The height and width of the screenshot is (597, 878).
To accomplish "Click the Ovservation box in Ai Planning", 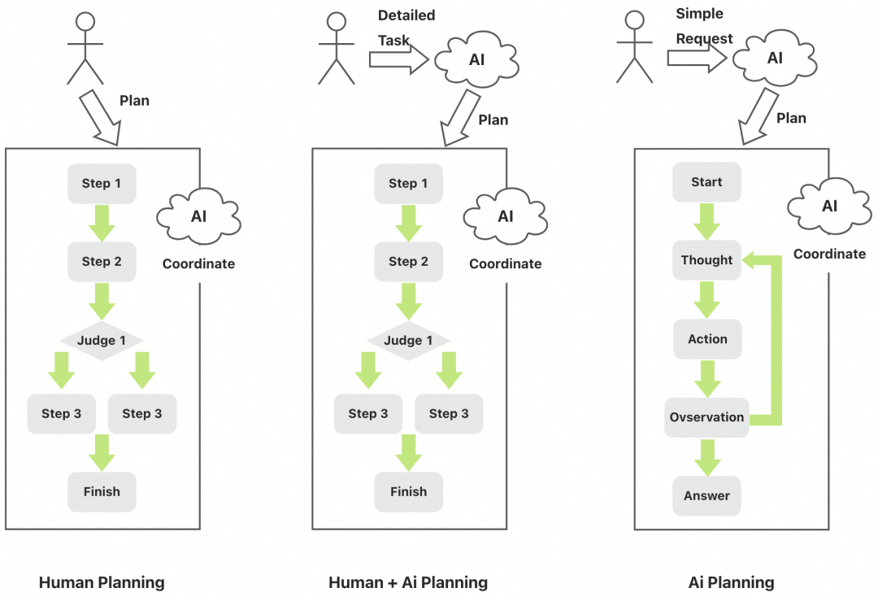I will coord(706,417).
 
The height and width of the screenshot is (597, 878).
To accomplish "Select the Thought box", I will coord(706,260).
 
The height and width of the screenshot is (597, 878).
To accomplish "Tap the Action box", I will coord(706,339).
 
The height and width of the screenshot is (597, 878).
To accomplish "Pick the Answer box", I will coord(706,495).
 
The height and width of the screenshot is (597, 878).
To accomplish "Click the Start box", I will coord(706,182).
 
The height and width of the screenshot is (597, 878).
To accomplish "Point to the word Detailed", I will coord(406,15).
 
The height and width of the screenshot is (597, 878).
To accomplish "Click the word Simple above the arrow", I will coord(699,14).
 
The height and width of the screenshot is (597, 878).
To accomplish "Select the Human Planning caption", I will coord(102,582).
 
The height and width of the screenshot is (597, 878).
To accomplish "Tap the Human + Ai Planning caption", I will coord(408,582).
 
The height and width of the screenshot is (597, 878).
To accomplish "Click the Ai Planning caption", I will coord(731,582).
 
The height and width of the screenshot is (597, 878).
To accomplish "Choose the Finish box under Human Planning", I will coord(102,491).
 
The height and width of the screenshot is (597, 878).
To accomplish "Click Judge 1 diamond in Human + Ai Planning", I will coord(408,340).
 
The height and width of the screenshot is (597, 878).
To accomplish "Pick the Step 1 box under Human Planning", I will coord(102,183).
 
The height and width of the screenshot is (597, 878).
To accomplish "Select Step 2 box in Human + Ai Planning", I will coord(408,261).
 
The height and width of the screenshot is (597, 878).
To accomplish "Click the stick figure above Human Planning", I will coord(85,49).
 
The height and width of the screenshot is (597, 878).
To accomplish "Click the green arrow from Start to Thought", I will coord(706,220).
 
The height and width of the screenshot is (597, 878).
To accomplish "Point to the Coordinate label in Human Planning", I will coord(198,264).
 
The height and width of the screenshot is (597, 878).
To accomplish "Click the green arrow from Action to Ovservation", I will coord(706,378).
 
